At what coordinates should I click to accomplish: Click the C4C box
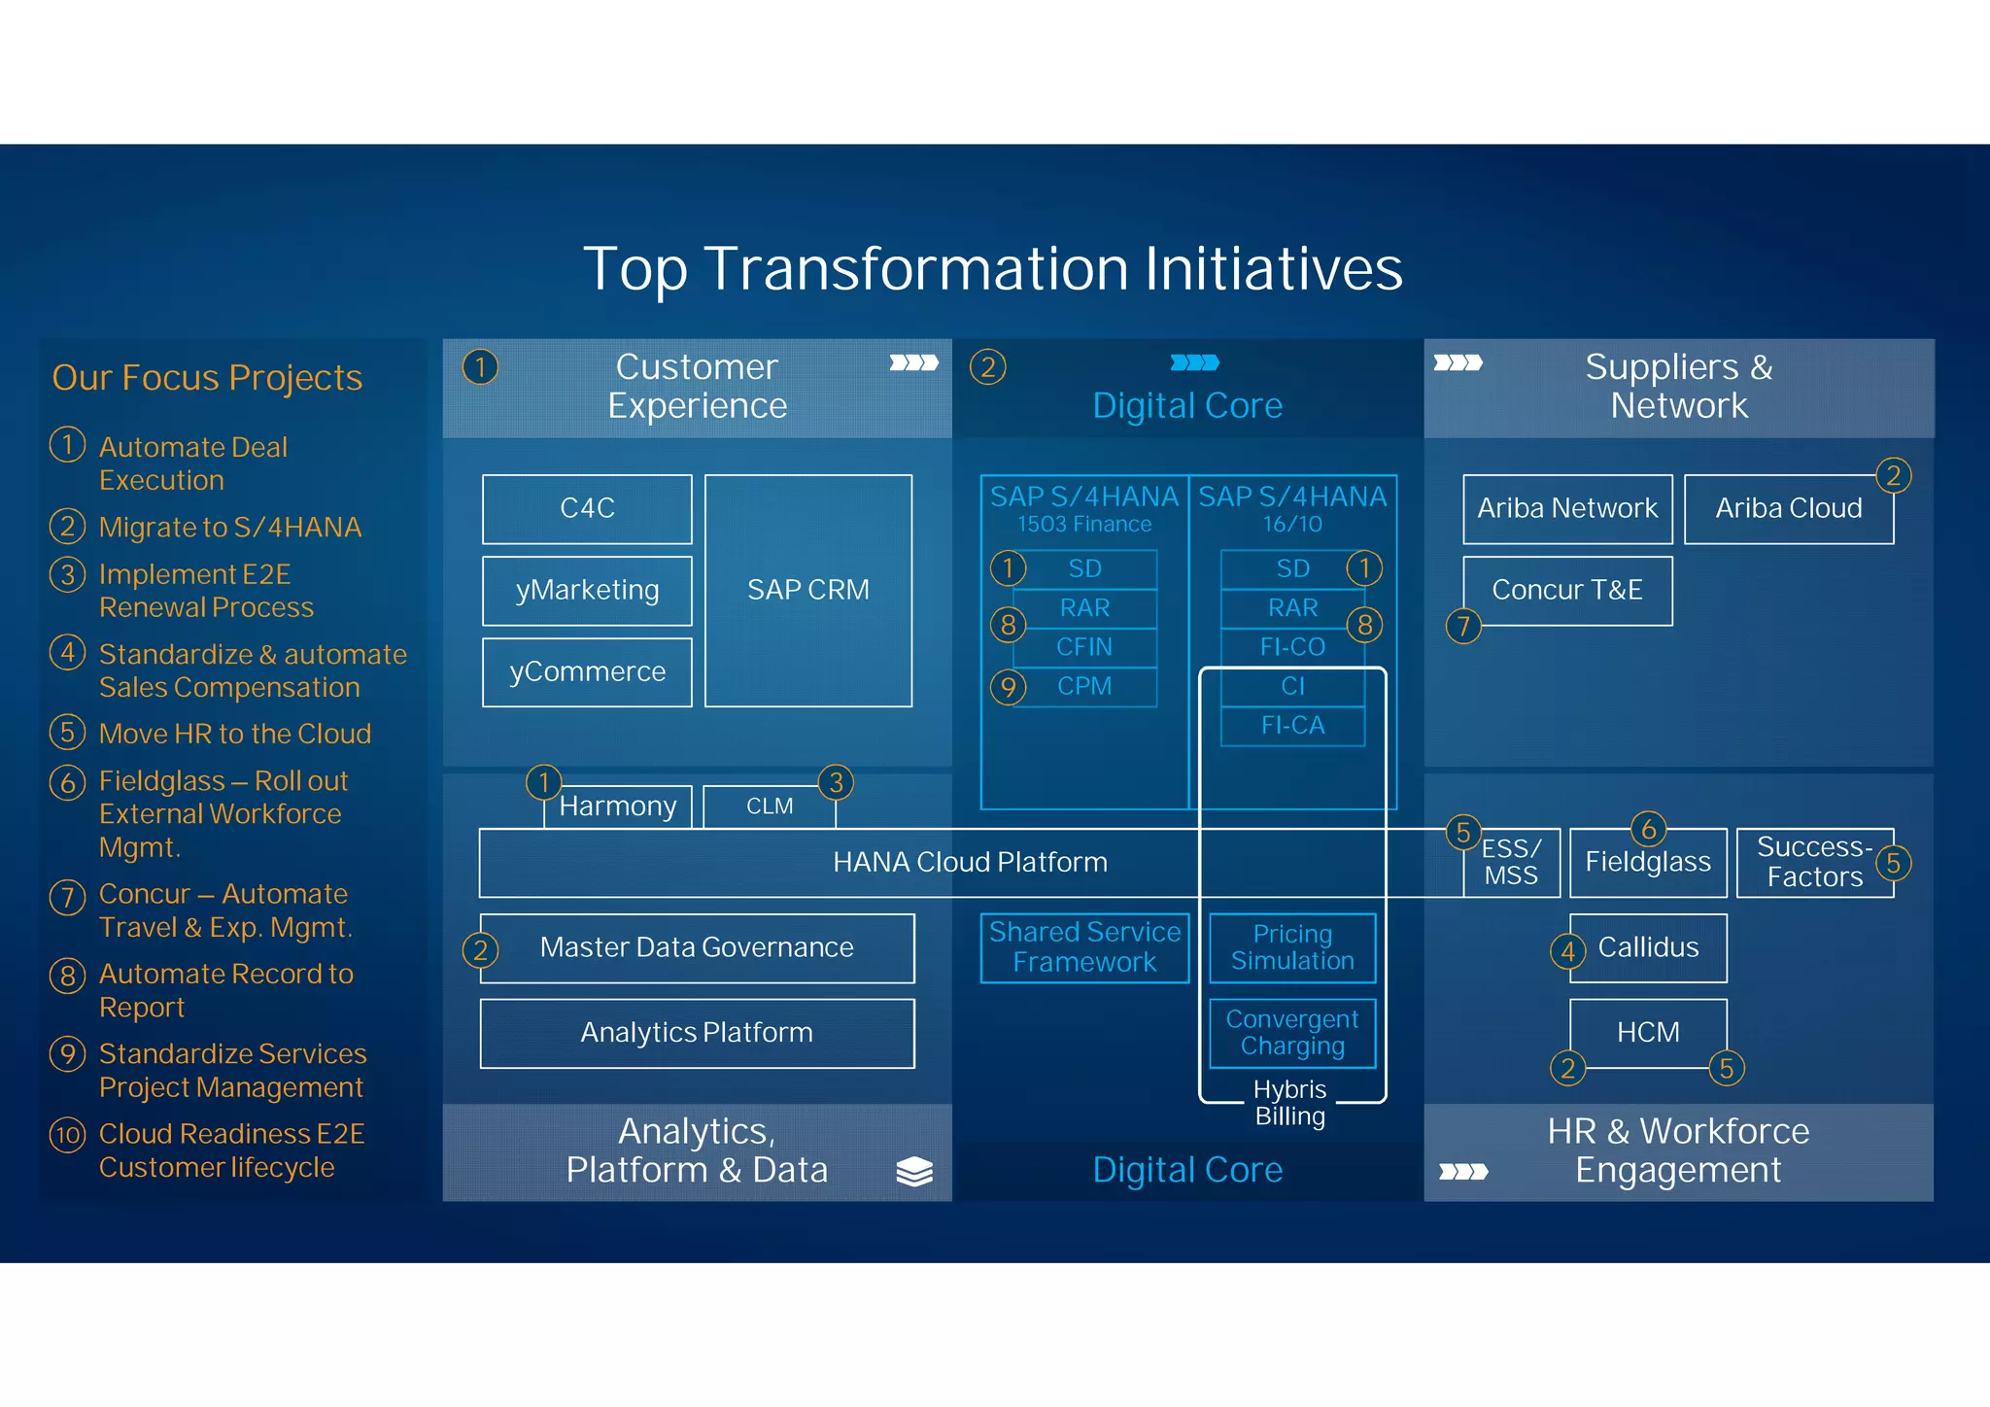click(587, 508)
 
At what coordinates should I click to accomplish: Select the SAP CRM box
click(807, 590)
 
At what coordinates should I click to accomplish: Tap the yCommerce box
click(587, 671)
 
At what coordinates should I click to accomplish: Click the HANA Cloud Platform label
click(969, 862)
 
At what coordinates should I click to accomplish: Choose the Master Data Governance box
click(696, 947)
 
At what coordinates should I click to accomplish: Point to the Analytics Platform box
click(696, 1032)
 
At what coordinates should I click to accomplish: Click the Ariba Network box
click(1566, 508)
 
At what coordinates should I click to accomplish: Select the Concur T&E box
click(1566, 590)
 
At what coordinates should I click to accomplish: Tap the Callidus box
click(1648, 947)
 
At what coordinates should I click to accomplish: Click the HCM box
click(1648, 1032)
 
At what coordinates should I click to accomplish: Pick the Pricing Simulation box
click(1292, 947)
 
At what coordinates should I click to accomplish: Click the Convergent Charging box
click(1292, 1032)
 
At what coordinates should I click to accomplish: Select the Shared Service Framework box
click(1084, 947)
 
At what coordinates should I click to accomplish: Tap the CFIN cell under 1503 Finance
click(1084, 647)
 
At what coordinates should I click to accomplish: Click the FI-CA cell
click(1292, 726)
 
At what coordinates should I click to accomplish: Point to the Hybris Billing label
click(1289, 1103)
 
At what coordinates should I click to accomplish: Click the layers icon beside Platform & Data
click(913, 1172)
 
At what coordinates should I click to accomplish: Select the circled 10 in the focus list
click(67, 1135)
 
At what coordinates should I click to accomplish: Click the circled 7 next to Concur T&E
click(1463, 626)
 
